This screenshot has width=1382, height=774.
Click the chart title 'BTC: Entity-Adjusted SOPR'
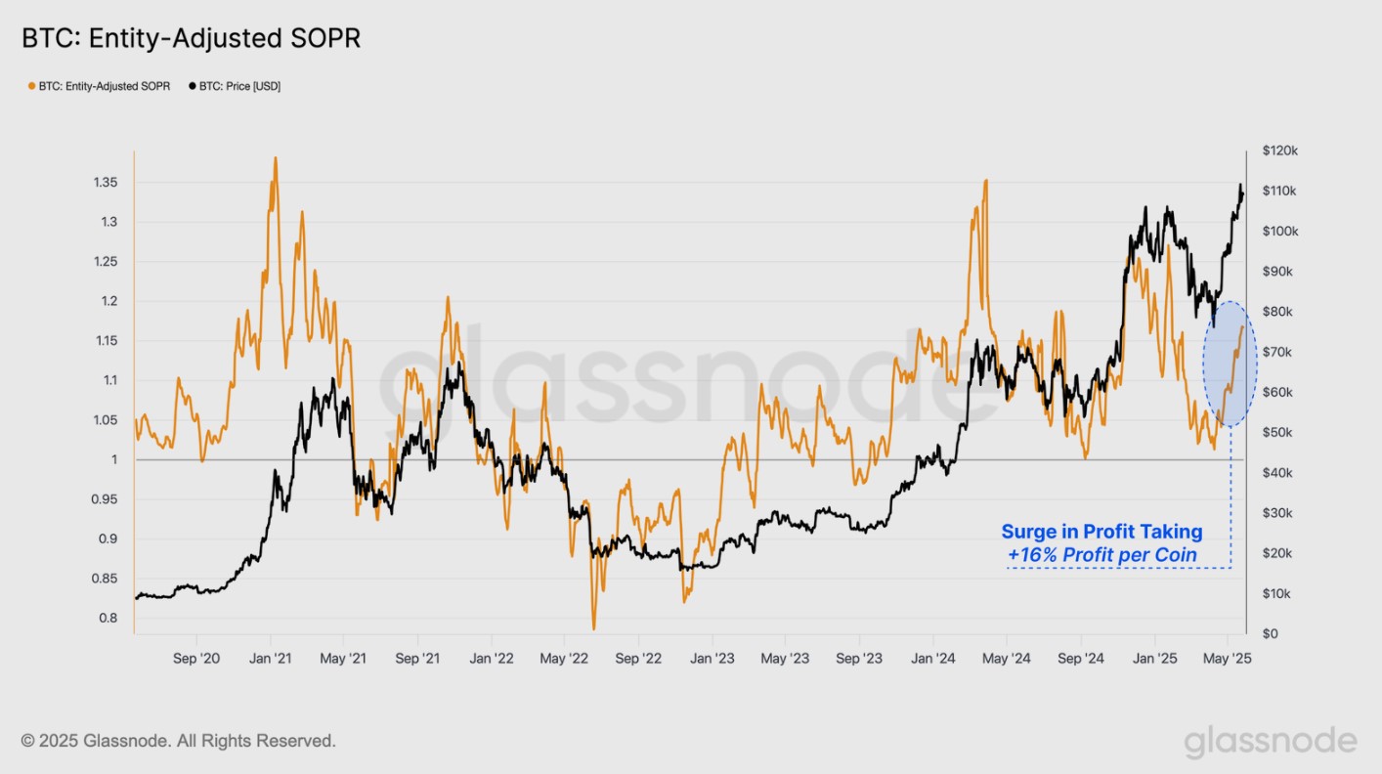point(192,39)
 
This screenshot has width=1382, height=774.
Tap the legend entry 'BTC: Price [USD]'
point(234,86)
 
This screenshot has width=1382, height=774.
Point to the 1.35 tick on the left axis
point(105,183)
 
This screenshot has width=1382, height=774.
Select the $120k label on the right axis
point(1279,150)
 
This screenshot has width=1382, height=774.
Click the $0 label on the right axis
point(1270,633)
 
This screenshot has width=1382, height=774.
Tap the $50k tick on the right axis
point(1275,432)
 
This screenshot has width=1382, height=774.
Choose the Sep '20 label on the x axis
point(196,659)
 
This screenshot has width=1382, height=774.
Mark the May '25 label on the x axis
point(1227,659)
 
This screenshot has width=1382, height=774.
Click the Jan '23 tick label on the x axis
point(713,659)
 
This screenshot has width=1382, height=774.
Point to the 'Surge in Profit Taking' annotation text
point(1101,533)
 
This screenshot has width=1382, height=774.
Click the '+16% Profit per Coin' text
point(1102,556)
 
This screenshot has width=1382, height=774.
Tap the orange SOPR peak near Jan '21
point(276,158)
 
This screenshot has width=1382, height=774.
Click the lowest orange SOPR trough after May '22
point(593,628)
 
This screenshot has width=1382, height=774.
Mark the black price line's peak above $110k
point(1240,185)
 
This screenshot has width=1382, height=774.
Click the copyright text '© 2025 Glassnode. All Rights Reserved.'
point(179,741)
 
